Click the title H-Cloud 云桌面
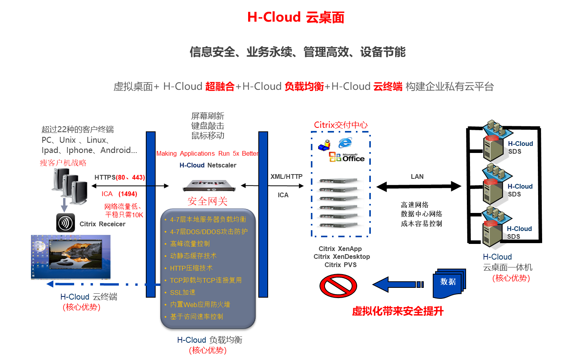tap(296, 17)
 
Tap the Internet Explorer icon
tap(345, 143)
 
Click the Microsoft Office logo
tap(347, 157)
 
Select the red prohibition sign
tap(338, 286)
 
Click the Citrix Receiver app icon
tap(65, 223)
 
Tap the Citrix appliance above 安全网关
tap(209, 185)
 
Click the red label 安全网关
tap(207, 201)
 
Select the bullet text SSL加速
tap(183, 293)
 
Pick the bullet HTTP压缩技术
tap(191, 268)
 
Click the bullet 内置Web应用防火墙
tap(200, 305)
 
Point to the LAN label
tap(417, 176)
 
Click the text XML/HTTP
tap(286, 176)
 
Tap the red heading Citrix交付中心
tap(341, 125)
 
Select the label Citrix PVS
tap(341, 265)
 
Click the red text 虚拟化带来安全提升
tap(397, 311)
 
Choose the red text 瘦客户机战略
tap(63, 163)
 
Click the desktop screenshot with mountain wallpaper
tap(71, 257)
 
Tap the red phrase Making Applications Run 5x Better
tap(207, 154)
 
